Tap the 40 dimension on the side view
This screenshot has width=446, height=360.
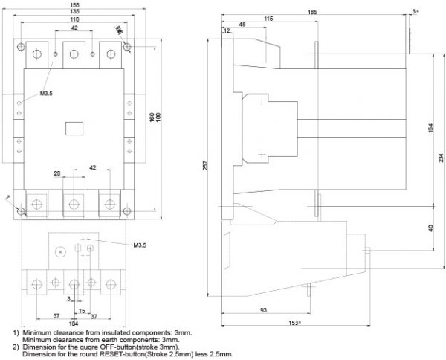pos(431,228)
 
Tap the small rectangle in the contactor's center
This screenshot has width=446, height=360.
pos(74,127)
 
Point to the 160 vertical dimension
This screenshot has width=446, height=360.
pos(151,118)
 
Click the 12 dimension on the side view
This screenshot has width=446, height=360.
pos(226,30)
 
